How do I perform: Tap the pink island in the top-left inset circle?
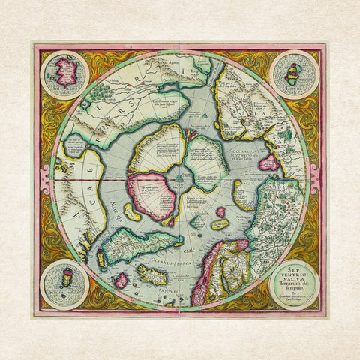[x=66, y=73]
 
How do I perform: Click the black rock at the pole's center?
[x=180, y=179]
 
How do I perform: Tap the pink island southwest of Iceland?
[x=120, y=280]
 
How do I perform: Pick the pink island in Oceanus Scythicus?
[x=268, y=162]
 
